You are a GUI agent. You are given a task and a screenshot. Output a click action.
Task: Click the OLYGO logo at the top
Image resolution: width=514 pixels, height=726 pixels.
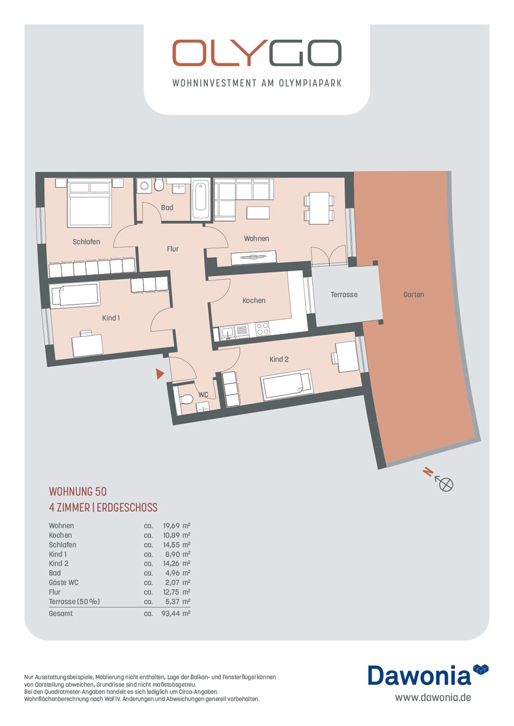pyautogui.click(x=257, y=53)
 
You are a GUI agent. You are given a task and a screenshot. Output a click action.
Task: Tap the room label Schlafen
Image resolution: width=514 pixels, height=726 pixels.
pyautogui.click(x=87, y=242)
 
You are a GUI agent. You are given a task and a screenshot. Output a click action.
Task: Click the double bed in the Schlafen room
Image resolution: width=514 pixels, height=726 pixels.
pyautogui.click(x=89, y=203)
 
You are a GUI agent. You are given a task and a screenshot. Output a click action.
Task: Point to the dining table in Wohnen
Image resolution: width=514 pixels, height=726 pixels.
pyautogui.click(x=319, y=208)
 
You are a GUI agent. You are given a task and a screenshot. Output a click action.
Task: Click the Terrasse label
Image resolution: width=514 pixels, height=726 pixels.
pyautogui.click(x=344, y=295)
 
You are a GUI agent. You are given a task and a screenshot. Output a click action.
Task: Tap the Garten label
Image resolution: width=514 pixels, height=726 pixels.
pyautogui.click(x=413, y=295)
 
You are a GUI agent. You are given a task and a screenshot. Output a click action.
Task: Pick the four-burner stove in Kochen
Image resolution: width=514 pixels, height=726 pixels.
pyautogui.click(x=262, y=328)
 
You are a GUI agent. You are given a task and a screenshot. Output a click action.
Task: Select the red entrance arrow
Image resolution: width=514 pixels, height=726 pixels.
pyautogui.click(x=160, y=374)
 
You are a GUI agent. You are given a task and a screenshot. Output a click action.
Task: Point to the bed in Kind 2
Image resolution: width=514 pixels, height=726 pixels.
pyautogui.click(x=287, y=385)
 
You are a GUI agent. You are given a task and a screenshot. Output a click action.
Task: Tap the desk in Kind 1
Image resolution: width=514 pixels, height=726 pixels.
pyautogui.click(x=87, y=345)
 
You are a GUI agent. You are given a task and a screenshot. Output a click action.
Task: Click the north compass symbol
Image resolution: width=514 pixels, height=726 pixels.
pyautogui.click(x=446, y=484)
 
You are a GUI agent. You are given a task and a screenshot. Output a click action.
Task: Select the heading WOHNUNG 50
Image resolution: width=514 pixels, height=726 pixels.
pyautogui.click(x=78, y=491)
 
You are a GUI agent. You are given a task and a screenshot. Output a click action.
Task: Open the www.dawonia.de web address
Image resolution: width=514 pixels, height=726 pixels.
pyautogui.click(x=433, y=697)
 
